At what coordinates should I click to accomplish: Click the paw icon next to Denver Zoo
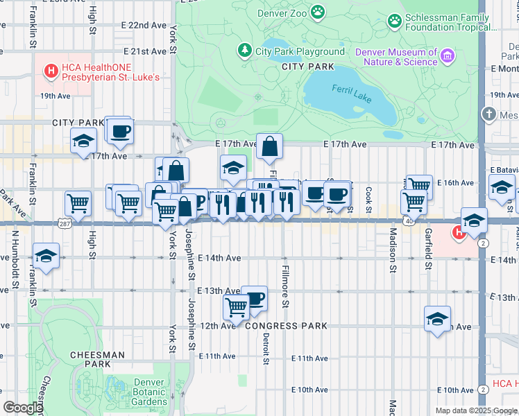(318, 11)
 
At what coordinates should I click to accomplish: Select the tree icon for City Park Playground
(244, 51)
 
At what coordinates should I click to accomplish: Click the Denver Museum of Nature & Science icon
(448, 55)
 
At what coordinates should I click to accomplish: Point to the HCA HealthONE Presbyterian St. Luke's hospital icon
(50, 70)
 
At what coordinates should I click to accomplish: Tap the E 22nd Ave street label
(139, 25)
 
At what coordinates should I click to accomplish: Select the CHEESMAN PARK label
(97, 358)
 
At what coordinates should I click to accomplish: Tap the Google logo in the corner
(22, 408)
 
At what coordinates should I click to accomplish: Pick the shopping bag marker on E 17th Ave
(269, 146)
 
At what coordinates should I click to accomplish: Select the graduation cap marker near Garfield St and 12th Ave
(437, 319)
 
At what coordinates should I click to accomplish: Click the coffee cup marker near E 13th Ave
(254, 298)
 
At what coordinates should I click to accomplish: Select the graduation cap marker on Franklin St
(46, 255)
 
